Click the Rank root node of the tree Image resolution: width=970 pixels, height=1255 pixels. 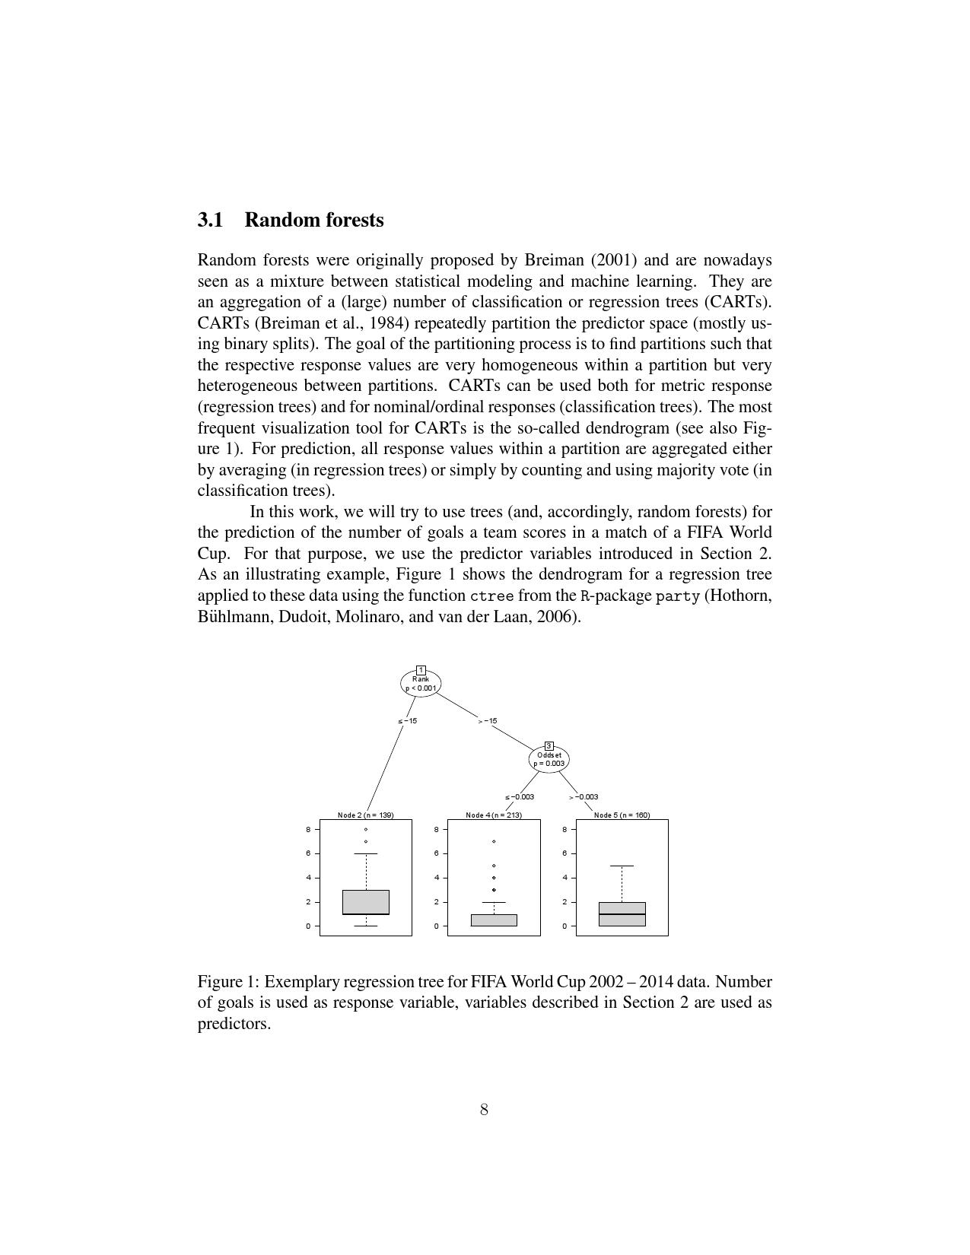[421, 683]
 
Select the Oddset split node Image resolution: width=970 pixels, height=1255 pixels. [549, 759]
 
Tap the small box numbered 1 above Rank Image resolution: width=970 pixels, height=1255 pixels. [421, 670]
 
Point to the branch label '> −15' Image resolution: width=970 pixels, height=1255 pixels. [488, 721]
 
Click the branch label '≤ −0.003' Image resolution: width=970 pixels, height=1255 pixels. [520, 797]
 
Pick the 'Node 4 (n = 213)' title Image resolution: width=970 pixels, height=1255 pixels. [494, 815]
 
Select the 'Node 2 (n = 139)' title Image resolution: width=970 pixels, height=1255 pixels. [366, 815]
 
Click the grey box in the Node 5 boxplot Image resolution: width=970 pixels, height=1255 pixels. [622, 914]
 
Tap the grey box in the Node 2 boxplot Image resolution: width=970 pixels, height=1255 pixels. [366, 902]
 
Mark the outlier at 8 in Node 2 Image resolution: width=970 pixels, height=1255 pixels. [366, 830]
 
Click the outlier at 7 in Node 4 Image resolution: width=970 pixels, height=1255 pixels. [494, 842]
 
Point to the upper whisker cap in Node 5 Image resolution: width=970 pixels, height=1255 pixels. [622, 866]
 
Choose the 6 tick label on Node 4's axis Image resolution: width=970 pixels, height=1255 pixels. [437, 853]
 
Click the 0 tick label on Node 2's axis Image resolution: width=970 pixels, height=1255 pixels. [308, 926]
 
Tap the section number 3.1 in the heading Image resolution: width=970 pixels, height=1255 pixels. [211, 220]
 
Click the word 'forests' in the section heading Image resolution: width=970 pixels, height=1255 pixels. [355, 220]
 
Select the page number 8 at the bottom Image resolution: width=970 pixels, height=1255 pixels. [484, 1110]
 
